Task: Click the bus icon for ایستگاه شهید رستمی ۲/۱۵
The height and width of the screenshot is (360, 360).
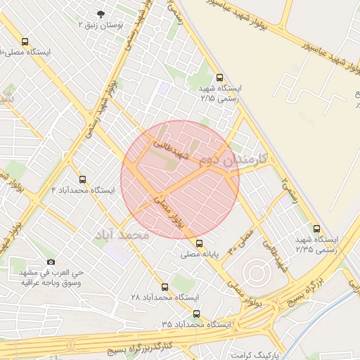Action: [x=220, y=78]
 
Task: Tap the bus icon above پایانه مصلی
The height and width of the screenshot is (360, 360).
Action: [x=200, y=243]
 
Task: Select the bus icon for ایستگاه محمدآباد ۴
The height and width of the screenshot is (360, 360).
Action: [x=84, y=179]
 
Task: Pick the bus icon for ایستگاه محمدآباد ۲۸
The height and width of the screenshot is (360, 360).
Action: [x=165, y=287]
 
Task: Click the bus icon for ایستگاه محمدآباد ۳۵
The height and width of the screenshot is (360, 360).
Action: [x=196, y=314]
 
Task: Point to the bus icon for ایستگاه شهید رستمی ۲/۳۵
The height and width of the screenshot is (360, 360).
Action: [x=316, y=229]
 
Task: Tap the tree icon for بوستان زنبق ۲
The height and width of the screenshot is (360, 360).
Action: [x=101, y=14]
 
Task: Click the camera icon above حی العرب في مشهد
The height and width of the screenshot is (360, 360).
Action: [x=51, y=262]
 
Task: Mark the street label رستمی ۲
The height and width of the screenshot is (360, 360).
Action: [x=289, y=190]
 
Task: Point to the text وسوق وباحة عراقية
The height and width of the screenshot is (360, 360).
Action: [x=51, y=283]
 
